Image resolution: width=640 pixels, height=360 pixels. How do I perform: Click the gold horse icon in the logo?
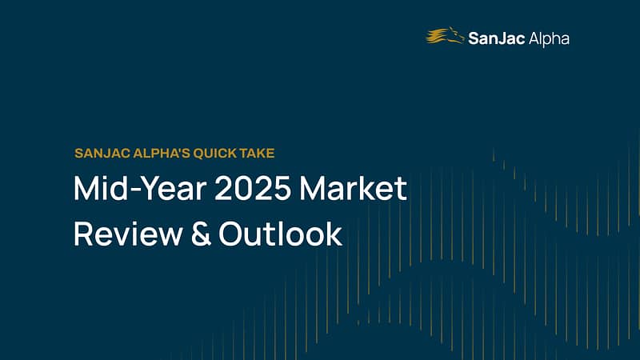[x=445, y=35]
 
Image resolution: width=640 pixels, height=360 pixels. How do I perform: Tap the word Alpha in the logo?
[x=549, y=39]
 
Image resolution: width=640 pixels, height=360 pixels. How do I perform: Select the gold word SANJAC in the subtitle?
[x=102, y=154]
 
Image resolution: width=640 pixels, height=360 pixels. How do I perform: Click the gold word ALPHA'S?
[x=162, y=154]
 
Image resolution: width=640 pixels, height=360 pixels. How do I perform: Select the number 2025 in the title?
[x=253, y=188]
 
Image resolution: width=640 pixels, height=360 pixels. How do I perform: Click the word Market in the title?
[x=354, y=188]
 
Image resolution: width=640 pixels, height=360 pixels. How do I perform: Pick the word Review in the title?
[x=128, y=234]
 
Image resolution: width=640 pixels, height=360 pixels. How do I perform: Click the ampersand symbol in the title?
[x=201, y=234]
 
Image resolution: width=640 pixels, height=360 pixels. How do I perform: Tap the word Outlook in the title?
[x=281, y=233]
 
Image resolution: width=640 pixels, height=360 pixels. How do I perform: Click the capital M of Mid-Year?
[x=89, y=188]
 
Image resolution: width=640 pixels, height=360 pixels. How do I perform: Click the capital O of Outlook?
[x=232, y=234]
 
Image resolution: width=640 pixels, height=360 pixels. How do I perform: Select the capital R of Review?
[x=84, y=234]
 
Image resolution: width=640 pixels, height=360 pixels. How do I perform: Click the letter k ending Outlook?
[x=334, y=233]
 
